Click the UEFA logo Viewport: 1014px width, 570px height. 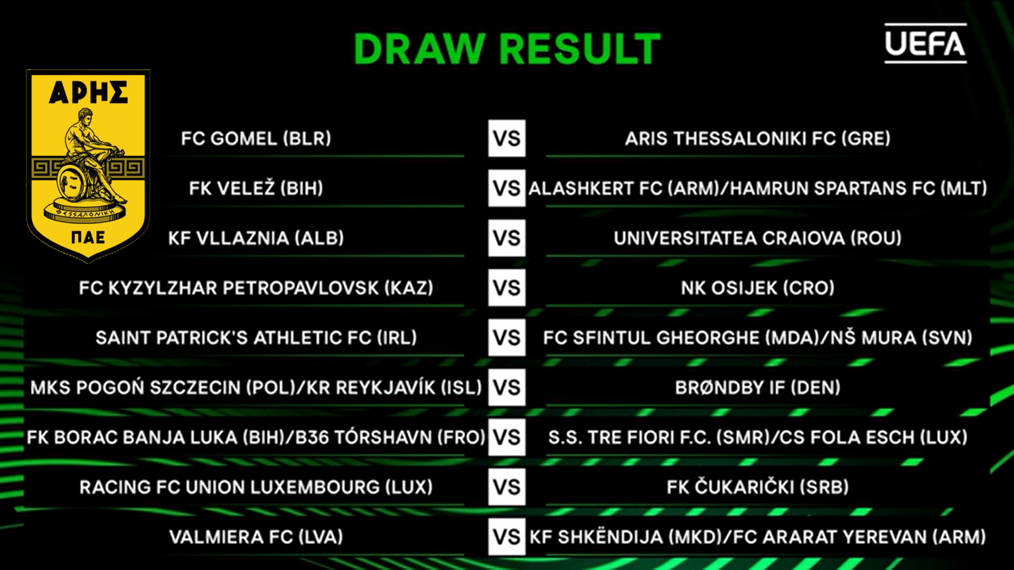925,43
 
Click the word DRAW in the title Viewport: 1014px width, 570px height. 419,49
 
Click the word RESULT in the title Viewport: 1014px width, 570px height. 579,49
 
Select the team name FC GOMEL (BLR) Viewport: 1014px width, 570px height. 256,138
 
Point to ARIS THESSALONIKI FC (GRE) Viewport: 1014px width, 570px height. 758,138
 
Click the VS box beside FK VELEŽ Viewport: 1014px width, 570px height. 507,188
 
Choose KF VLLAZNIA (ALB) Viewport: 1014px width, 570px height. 256,238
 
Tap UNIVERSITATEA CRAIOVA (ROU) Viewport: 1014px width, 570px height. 758,238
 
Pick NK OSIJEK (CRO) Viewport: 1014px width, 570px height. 758,288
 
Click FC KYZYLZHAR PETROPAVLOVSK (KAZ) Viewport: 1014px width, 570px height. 256,288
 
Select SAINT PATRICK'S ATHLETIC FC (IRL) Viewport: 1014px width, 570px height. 256,337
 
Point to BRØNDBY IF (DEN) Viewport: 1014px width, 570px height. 758,387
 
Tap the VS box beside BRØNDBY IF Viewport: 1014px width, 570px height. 507,387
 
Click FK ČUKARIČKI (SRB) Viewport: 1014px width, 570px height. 758,487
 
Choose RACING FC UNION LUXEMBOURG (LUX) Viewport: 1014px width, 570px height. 256,487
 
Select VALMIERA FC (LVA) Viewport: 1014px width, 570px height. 256,537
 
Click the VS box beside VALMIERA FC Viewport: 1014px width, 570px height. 507,537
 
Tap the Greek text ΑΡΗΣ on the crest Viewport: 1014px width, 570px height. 88,92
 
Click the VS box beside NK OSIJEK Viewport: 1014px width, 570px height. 507,288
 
